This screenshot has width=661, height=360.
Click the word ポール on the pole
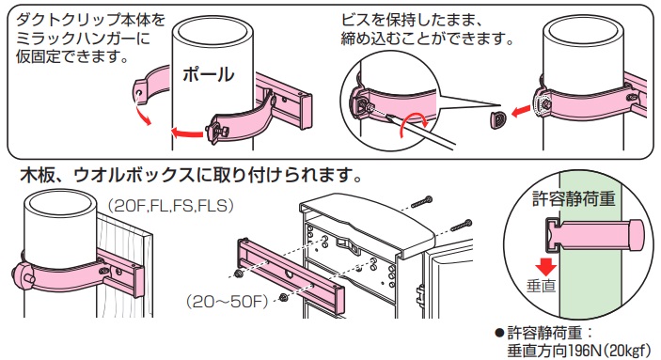tap(208, 74)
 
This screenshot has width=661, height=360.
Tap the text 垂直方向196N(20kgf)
tap(574, 349)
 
